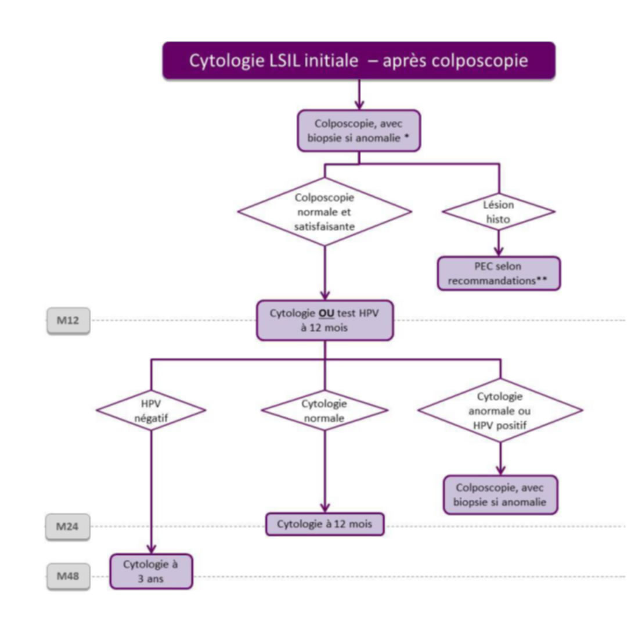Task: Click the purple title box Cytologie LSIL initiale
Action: (359, 60)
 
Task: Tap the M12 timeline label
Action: (68, 321)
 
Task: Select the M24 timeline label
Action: (68, 527)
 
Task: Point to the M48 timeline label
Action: (68, 577)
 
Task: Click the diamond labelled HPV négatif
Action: (151, 410)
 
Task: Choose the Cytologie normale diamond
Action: (324, 410)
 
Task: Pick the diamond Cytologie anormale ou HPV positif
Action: (500, 410)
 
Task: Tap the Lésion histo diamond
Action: (499, 211)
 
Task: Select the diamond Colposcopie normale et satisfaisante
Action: (324, 212)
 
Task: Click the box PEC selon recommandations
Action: (499, 274)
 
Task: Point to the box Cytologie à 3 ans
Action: (151, 571)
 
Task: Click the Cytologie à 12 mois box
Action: (324, 525)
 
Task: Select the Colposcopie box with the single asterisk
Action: (359, 131)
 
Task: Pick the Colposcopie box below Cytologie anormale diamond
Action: (500, 495)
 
